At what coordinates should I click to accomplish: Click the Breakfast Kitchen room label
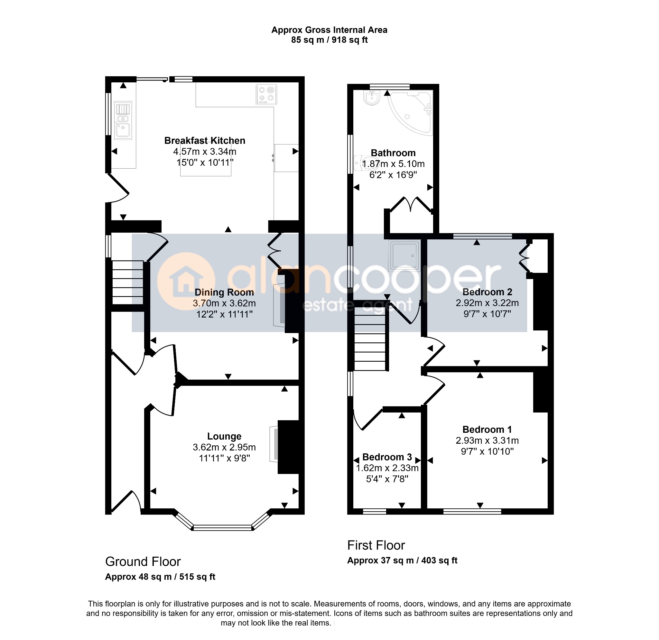205,141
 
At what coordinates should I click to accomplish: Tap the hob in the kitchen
266,95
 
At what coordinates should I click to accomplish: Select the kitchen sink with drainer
123,120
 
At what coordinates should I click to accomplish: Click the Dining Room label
224,292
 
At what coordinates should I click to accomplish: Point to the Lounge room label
224,436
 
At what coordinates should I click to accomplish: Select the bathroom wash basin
372,98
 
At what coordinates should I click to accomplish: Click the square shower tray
404,256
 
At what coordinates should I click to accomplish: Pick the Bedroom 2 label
487,292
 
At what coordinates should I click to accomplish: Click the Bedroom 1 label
487,430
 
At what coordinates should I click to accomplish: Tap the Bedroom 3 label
387,457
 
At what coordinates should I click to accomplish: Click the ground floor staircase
128,283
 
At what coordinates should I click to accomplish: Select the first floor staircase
370,339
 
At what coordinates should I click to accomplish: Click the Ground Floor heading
143,562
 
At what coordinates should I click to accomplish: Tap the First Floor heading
376,545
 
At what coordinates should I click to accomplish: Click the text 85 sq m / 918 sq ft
329,40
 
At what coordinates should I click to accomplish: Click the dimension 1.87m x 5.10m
393,164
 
